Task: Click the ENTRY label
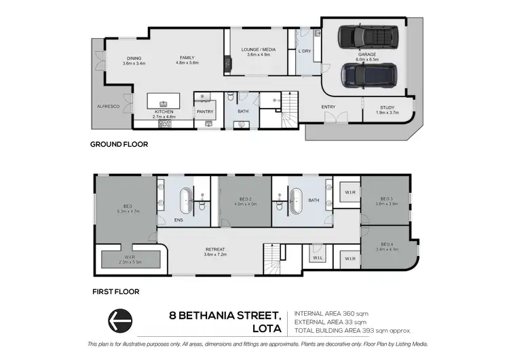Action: tap(328, 107)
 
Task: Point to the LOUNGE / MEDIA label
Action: tap(259, 50)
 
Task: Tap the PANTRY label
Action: tap(204, 112)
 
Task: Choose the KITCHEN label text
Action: tap(164, 112)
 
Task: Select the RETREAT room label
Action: tap(214, 249)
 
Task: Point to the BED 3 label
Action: tap(385, 198)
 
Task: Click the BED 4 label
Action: tap(386, 244)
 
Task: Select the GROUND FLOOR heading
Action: tap(119, 144)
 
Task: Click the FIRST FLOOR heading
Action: tap(117, 291)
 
